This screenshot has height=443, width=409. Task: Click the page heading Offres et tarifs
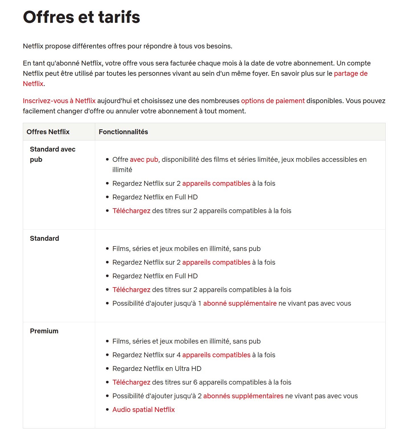(x=82, y=17)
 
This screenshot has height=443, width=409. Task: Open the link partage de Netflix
(x=351, y=74)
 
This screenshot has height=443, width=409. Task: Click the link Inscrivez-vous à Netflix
(x=59, y=101)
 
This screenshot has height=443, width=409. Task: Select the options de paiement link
(x=273, y=101)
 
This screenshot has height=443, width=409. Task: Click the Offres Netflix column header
(x=48, y=132)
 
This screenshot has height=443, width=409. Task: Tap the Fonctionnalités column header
(x=123, y=132)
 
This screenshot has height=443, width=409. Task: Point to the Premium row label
(x=44, y=331)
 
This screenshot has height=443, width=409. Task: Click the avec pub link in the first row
(x=144, y=160)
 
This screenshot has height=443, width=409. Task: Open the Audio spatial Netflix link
(x=144, y=410)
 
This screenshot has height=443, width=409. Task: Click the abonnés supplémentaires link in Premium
(x=243, y=396)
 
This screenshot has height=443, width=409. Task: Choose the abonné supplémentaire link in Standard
(x=240, y=303)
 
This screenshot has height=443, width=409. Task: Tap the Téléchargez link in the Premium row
(x=131, y=382)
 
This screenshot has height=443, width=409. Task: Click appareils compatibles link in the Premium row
(x=216, y=355)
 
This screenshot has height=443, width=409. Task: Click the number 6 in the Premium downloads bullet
(x=195, y=382)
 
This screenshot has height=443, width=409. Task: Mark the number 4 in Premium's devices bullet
(x=179, y=355)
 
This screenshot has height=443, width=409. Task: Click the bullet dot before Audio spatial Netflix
(x=107, y=410)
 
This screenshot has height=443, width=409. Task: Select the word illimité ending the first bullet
(x=122, y=170)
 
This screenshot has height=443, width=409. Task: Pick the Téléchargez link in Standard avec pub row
(x=131, y=211)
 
